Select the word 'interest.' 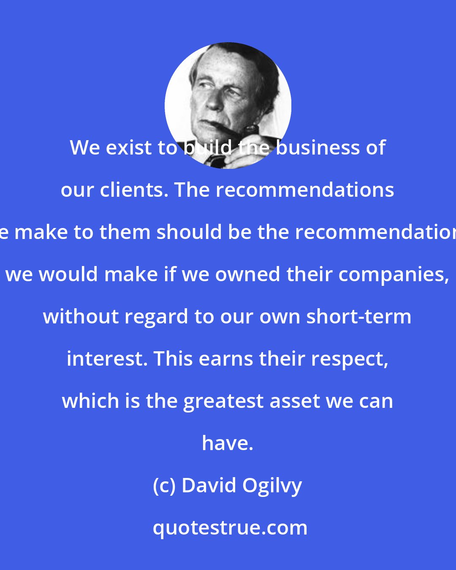(x=107, y=359)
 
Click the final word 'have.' (x=228, y=443)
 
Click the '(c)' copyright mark (x=164, y=486)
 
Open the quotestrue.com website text (x=230, y=528)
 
